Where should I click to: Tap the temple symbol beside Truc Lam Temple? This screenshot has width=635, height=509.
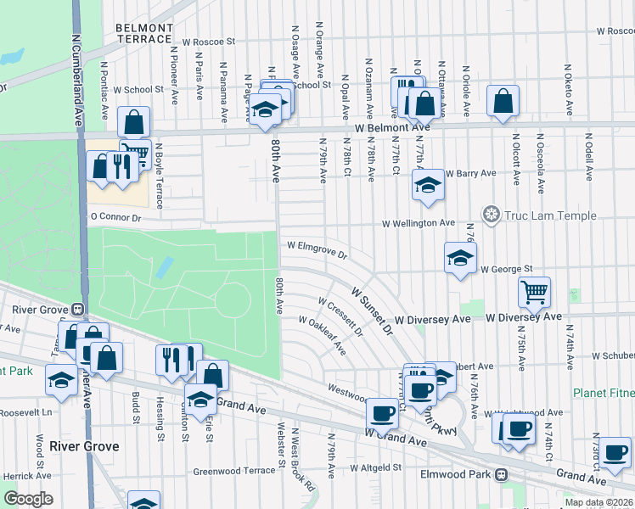[490, 214]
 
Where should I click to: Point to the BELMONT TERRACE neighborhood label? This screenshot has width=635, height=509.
[143, 33]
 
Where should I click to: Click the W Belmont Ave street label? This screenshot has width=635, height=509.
[392, 127]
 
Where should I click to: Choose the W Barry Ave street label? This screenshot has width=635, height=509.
[471, 173]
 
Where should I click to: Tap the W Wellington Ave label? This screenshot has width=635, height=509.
[419, 223]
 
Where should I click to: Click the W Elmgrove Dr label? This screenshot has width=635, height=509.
[317, 249]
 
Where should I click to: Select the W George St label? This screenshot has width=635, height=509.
[506, 269]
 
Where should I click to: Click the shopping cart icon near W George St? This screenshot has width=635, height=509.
[534, 293]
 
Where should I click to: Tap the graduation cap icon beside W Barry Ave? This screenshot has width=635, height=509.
[428, 184]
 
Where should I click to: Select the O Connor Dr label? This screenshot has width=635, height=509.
[114, 217]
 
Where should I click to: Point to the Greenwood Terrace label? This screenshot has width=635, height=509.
[234, 471]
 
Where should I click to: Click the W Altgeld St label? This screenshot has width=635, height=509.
[376, 467]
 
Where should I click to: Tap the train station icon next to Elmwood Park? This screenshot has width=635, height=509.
[502, 475]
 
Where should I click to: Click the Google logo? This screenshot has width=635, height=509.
[29, 499]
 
